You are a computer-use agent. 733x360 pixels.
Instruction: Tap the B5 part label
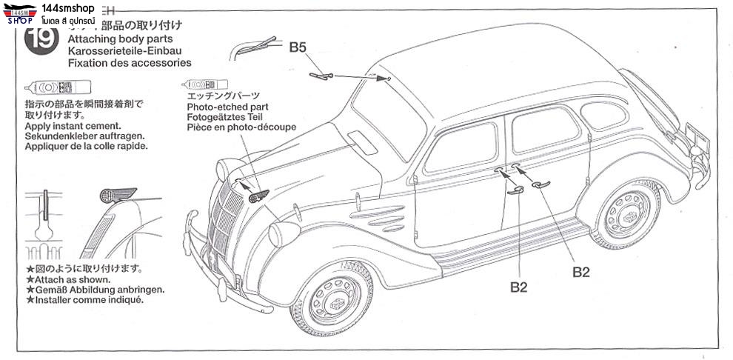click(x=298, y=47)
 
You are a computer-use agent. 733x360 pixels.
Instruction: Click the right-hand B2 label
click(x=581, y=272)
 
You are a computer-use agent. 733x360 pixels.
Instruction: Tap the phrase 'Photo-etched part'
click(x=227, y=107)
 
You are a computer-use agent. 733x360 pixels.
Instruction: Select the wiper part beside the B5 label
click(x=322, y=73)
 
